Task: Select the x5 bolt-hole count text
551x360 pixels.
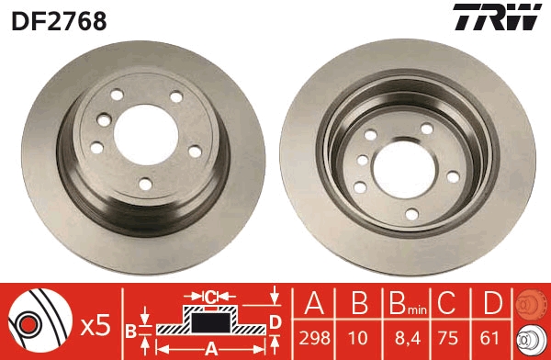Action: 96,323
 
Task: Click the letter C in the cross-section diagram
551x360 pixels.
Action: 210,297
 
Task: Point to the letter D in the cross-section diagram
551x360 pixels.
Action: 275,321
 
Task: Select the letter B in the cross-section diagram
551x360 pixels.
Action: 130,329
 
